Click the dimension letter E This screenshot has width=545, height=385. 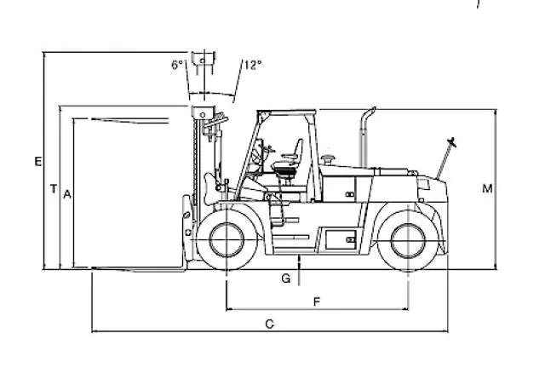(x=38, y=162)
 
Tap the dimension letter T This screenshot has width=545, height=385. (x=53, y=189)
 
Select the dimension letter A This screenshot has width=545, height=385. (x=67, y=194)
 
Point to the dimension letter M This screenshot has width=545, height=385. (x=487, y=189)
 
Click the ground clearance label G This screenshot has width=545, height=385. (x=286, y=279)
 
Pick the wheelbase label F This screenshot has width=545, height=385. (x=316, y=302)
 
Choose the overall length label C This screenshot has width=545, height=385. (x=270, y=325)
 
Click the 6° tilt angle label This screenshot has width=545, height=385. (x=176, y=65)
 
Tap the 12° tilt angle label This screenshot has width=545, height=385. (x=253, y=65)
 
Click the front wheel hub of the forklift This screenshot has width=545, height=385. (x=227, y=240)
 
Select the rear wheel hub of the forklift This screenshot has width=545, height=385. (x=408, y=241)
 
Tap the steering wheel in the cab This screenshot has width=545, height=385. (x=268, y=150)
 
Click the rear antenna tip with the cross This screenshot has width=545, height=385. (x=452, y=142)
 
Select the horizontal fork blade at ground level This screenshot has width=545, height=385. (x=139, y=269)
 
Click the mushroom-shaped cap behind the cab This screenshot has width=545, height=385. (x=328, y=160)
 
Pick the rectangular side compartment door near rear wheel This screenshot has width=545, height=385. (x=341, y=239)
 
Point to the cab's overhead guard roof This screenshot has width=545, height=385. (x=287, y=112)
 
